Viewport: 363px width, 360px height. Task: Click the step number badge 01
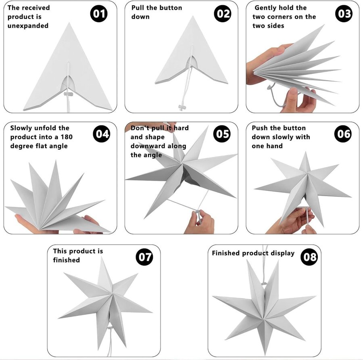pos(99,13)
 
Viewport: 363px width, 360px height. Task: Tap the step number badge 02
pos(223,13)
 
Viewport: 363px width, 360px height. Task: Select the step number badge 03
pos(344,13)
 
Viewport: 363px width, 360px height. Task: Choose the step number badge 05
pos(222,134)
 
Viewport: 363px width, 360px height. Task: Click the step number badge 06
pos(343,134)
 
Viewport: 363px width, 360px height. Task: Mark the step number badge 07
pos(144,257)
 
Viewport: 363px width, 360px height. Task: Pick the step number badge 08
pos(309,257)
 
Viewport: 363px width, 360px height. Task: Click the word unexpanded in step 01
pos(28,26)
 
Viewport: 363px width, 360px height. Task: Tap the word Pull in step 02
pos(138,8)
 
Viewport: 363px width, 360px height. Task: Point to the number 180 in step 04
pos(67,137)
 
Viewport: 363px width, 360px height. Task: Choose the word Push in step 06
pos(259,128)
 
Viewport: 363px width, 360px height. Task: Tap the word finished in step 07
pos(67,260)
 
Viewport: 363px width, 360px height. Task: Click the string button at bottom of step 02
pos(182,107)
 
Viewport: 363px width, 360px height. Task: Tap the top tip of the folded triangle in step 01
pos(69,23)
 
